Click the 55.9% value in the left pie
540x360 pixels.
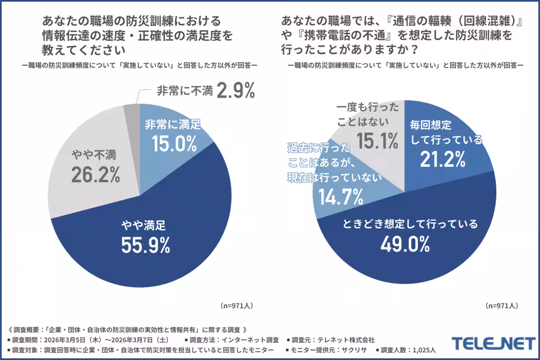click(x=145, y=245)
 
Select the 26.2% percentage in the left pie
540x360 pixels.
click(x=96, y=175)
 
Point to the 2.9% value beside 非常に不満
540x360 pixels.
click(x=236, y=91)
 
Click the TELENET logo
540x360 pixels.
click(x=493, y=343)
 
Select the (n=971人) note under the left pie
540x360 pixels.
click(x=237, y=305)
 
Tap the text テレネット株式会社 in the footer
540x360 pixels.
click(x=346, y=339)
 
